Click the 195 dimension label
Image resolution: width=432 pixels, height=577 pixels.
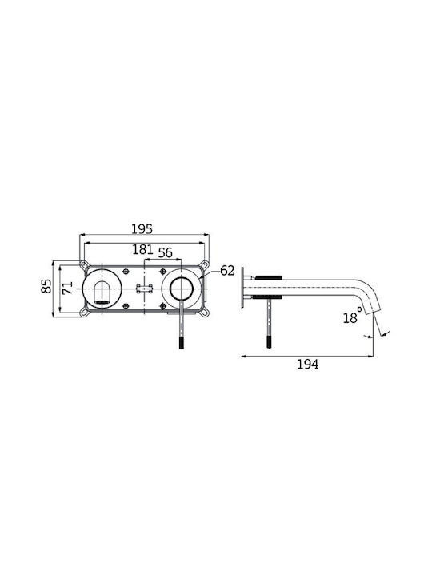142,229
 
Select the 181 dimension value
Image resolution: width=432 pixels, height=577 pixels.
142,249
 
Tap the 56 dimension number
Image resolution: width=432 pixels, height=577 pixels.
165,252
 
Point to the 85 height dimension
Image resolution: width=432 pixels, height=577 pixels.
46,286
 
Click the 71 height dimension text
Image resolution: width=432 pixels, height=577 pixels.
67,288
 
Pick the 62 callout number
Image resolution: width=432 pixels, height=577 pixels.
227,271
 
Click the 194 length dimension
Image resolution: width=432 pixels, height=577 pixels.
307,365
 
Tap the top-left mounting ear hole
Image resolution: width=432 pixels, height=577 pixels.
84,264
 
